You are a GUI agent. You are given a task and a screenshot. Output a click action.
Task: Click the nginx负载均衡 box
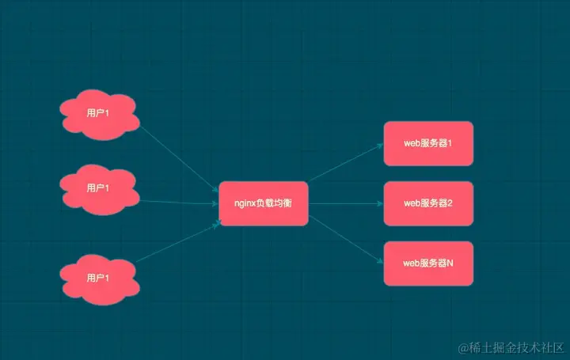click(x=263, y=203)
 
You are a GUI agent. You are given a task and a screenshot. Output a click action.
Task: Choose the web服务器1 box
click(x=427, y=143)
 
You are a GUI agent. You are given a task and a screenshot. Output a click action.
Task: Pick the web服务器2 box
click(x=427, y=203)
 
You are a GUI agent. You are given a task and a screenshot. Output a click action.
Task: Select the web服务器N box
click(x=427, y=263)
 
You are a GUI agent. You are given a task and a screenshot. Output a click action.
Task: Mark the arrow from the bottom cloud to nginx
click(x=179, y=242)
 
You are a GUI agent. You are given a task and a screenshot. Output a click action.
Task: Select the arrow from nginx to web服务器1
click(x=345, y=164)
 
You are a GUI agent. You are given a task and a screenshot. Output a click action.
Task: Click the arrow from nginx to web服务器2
click(x=345, y=203)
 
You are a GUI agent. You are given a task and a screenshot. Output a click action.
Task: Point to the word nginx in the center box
click(x=246, y=203)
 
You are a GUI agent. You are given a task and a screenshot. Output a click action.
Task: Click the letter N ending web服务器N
click(x=449, y=263)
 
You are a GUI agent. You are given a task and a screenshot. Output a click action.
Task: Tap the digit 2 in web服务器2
click(x=449, y=203)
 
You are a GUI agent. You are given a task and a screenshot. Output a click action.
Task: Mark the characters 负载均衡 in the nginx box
click(x=276, y=203)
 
